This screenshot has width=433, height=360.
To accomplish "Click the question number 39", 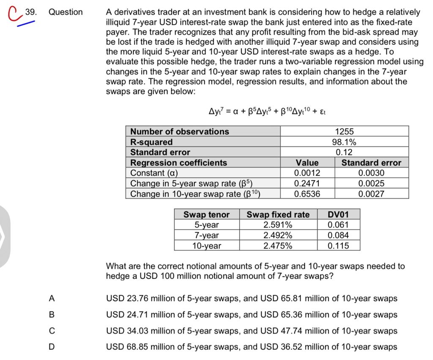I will pos(30,12).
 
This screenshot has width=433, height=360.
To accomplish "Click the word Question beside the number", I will pos(66,12).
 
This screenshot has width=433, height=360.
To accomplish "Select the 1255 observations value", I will pos(344,132).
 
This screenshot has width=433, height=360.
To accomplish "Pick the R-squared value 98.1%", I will pos(344,142).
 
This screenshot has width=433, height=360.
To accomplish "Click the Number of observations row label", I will pos(179,132).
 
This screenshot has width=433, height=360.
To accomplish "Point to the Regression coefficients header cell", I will pos(178,162).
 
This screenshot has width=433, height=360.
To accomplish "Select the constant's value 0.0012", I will pos(307,173).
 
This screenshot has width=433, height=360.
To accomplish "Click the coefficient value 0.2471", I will pos(307,183).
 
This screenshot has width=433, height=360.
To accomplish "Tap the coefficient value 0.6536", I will pos(307,194).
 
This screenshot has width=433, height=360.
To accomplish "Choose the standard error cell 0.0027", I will pos(371,194).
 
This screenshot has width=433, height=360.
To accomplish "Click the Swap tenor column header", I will pos(206,214).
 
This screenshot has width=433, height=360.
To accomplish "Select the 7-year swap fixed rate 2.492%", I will pos(277,235).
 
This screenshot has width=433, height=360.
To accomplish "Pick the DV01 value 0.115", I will pos(338,246).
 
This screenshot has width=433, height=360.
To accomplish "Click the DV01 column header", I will pos(338,214).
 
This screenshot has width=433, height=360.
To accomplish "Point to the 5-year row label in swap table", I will pos(206,225).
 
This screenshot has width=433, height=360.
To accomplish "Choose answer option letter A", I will pos(52,298).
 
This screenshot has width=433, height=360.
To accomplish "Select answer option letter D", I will pos(52,347).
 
